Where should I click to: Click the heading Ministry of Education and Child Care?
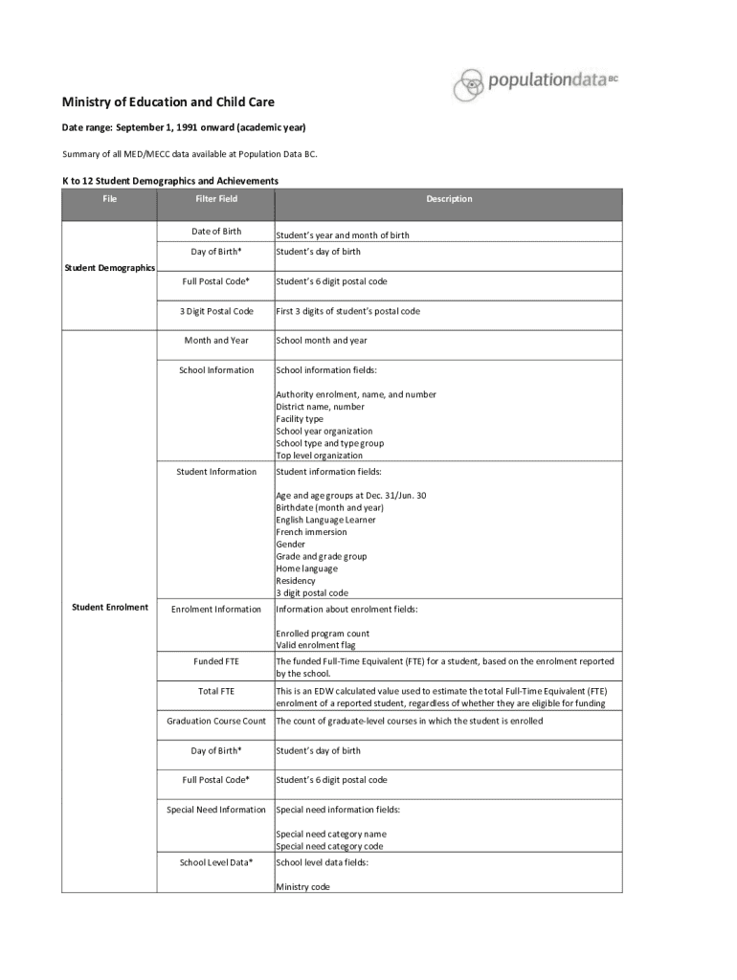coord(168,102)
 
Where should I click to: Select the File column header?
coord(109,199)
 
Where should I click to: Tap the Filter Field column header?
coord(216,199)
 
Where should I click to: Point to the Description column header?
coord(449,199)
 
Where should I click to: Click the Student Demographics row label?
coord(109,268)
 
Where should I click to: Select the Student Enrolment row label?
coord(109,608)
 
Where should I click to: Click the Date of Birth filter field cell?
coord(216,232)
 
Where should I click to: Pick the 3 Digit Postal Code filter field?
coord(216,311)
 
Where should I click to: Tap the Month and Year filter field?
coord(216,341)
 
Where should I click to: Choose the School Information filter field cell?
coord(216,370)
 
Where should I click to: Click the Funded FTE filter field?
coord(216,661)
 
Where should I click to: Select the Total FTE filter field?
coord(216,691)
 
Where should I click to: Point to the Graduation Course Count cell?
coord(216,721)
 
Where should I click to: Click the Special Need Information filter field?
coord(216,810)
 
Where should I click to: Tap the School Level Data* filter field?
coord(216,862)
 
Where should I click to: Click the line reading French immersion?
coord(311,532)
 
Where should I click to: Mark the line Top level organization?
coord(319,456)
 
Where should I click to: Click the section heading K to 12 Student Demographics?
coord(170,180)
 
